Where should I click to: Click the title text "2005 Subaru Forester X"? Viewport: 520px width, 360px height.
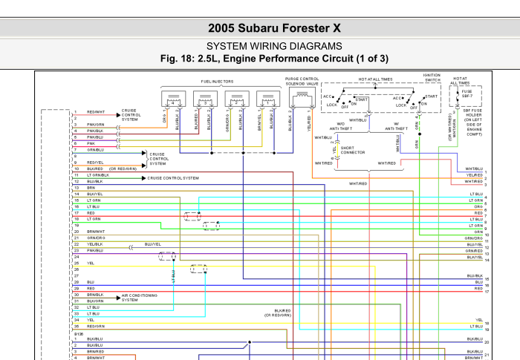(x=274, y=28)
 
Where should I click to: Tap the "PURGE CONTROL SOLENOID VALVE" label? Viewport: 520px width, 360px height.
(x=302, y=81)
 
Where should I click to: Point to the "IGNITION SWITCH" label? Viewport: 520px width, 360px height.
(x=432, y=77)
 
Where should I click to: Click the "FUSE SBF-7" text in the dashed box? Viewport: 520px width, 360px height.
(x=466, y=94)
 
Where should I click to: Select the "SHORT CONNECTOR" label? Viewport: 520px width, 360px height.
(x=352, y=150)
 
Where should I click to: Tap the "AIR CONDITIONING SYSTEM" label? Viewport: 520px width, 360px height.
(x=140, y=297)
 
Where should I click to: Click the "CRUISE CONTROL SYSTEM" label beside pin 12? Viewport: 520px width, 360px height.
(x=173, y=178)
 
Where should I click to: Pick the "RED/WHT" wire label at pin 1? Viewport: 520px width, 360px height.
(x=96, y=112)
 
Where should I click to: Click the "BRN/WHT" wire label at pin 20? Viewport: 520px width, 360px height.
(x=95, y=231)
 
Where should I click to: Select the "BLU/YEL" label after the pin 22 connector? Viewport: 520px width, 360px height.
(x=153, y=243)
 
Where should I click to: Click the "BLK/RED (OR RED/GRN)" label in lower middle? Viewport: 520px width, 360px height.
(x=282, y=313)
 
